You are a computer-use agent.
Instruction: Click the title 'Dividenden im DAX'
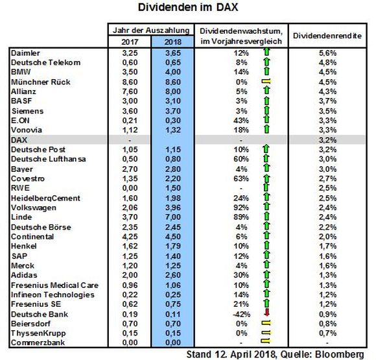pyautogui.click(x=188, y=7)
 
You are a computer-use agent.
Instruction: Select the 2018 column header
pyautogui.click(x=172, y=42)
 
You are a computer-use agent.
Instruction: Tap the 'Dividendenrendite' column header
pyautogui.click(x=327, y=36)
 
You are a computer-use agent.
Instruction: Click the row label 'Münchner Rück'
pyautogui.click(x=41, y=82)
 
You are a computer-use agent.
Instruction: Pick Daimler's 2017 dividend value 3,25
pyautogui.click(x=130, y=53)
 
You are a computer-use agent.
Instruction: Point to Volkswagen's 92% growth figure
pyautogui.click(x=241, y=208)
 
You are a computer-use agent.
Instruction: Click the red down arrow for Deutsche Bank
pyautogui.click(x=266, y=312)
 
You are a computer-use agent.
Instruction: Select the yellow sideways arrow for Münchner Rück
pyautogui.click(x=266, y=82)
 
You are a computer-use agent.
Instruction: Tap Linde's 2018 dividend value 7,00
pyautogui.click(x=172, y=217)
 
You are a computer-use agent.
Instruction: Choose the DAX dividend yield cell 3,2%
pyautogui.click(x=327, y=140)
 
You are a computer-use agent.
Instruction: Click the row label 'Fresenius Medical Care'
pyautogui.click(x=54, y=285)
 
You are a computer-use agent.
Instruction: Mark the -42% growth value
pyautogui.click(x=241, y=315)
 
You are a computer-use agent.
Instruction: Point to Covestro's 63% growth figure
pyautogui.click(x=241, y=179)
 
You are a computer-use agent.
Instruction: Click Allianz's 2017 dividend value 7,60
pyautogui.click(x=130, y=91)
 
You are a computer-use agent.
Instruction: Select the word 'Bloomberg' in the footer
pyautogui.click(x=340, y=354)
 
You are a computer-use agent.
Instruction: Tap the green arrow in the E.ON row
pyautogui.click(x=266, y=119)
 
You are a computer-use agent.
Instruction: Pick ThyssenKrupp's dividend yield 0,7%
pyautogui.click(x=327, y=333)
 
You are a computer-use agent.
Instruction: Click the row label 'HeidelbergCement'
pyautogui.click(x=45, y=198)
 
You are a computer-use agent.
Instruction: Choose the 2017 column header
pyautogui.click(x=130, y=42)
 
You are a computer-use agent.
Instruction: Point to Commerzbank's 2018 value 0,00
pyautogui.click(x=172, y=342)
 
